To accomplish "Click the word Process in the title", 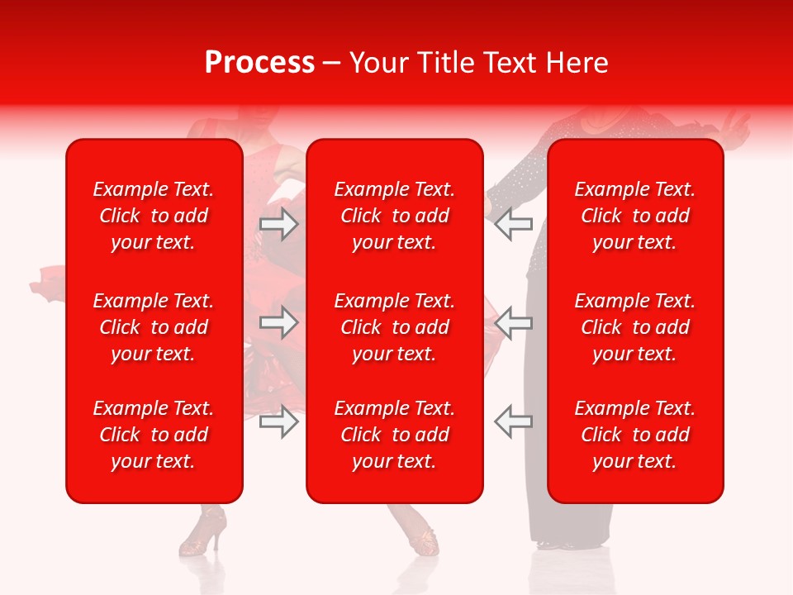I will (x=259, y=63).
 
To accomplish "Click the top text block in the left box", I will (x=154, y=216).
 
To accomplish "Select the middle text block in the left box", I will (x=154, y=327).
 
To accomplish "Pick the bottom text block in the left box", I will (x=154, y=435).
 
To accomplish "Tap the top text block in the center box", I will (x=395, y=216).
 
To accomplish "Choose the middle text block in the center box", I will (x=395, y=327).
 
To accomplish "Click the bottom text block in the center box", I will (x=395, y=435).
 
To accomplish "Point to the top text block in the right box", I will (x=635, y=216).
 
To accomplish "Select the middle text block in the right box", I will (x=635, y=327).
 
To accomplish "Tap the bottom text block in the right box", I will (x=635, y=435).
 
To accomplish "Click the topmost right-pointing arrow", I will (x=278, y=224).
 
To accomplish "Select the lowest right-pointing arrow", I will (x=278, y=421).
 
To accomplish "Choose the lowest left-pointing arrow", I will (x=513, y=421).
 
